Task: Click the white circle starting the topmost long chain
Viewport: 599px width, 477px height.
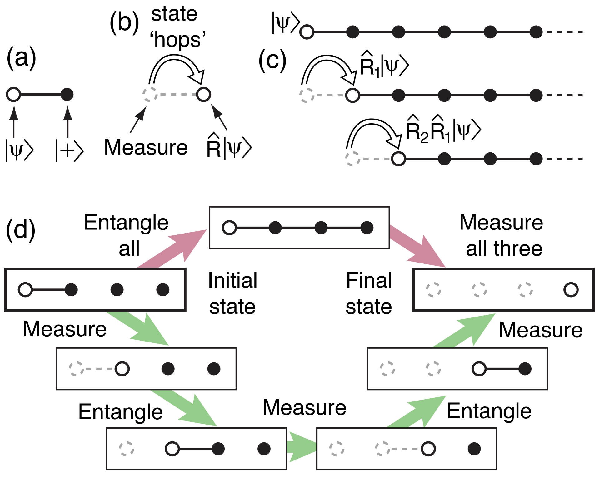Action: tap(307, 32)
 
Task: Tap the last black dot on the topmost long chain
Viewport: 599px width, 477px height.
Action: tap(536, 32)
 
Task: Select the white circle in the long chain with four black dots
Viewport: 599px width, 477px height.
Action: tap(352, 95)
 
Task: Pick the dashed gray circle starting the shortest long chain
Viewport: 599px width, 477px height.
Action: tap(352, 159)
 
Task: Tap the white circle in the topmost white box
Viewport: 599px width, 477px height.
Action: tap(229, 228)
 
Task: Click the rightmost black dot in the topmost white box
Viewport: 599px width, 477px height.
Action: tap(367, 228)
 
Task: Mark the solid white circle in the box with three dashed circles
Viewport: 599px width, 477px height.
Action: tap(571, 290)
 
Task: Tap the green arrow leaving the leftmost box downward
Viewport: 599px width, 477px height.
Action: tap(137, 328)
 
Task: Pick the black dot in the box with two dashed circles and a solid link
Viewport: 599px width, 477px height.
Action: tap(525, 369)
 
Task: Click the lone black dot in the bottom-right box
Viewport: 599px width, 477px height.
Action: tap(474, 449)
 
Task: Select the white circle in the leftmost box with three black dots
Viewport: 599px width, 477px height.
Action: tap(25, 290)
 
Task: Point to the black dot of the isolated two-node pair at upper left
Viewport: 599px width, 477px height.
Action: tap(67, 94)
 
